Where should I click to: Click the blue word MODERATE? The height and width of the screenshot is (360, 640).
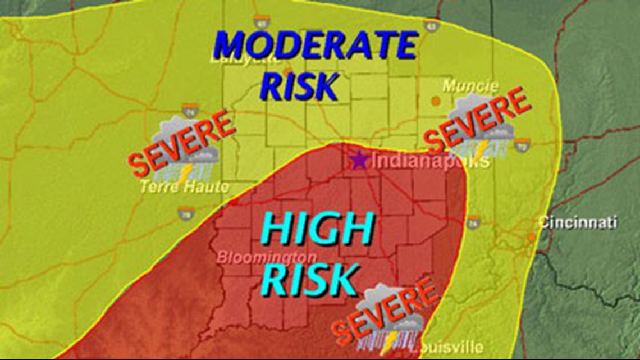316,46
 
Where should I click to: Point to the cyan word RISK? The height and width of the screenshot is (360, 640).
310,279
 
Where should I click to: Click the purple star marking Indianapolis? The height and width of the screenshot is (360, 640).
358,161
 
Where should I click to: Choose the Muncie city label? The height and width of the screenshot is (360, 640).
470,86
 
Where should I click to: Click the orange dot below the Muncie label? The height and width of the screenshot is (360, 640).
436,101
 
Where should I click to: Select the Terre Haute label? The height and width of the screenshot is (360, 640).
184,187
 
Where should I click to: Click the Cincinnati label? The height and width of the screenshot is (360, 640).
578,222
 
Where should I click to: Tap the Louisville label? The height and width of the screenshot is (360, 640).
446,348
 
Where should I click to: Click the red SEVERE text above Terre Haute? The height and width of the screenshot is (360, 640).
181,143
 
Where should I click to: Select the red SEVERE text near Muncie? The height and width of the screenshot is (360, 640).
477,120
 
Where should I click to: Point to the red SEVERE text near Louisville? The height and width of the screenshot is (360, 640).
385,311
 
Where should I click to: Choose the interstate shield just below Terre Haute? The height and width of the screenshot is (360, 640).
186,212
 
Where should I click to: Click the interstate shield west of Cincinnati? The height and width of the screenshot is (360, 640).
473,221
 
